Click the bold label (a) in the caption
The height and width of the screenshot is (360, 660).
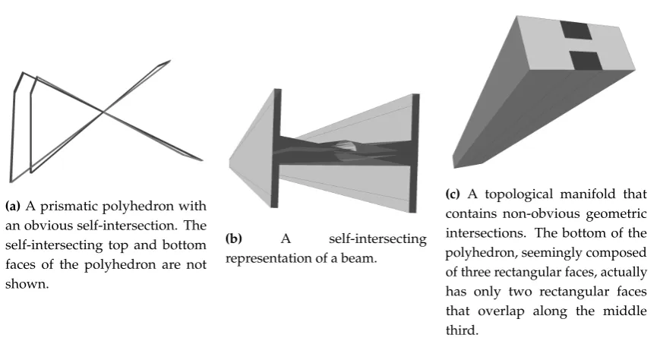tap(13, 207)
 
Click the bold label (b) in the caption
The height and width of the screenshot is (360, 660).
tap(234, 238)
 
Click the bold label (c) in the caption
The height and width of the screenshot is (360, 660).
tap(453, 194)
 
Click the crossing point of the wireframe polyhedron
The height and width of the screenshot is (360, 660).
tap(103, 112)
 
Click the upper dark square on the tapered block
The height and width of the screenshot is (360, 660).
tap(576, 30)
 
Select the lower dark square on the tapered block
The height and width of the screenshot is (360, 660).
tap(586, 61)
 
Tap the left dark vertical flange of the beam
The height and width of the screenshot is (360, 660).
tap(276, 148)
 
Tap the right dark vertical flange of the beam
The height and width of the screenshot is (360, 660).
tap(415, 153)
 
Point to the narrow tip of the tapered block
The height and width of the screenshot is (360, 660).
tap(455, 163)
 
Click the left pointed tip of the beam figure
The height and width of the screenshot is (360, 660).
tap(229, 163)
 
